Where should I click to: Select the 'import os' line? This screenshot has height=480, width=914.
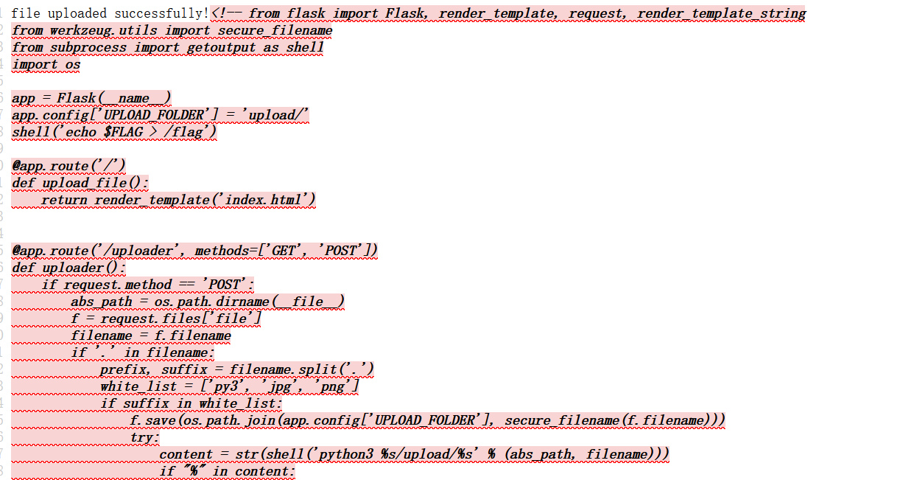[46, 64]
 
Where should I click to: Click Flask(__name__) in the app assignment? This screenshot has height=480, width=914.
[114, 98]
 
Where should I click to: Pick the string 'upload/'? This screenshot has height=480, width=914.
[278, 115]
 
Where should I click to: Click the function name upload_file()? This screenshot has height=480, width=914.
[95, 183]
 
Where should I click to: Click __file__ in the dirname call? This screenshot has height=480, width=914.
[307, 302]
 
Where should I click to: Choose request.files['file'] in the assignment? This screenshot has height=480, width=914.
[180, 319]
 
